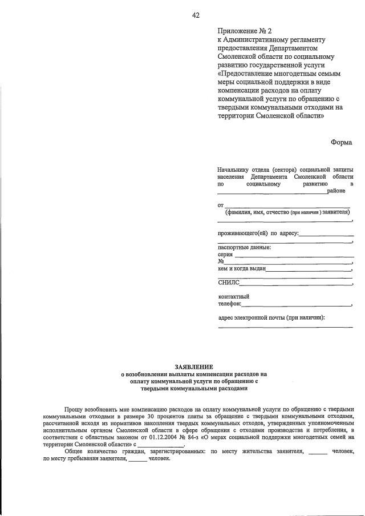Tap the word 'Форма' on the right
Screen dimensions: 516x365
tap(342, 142)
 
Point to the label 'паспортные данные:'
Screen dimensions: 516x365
tap(245, 247)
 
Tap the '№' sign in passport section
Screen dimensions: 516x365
tap(221, 261)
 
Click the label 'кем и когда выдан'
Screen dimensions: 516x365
tap(242, 268)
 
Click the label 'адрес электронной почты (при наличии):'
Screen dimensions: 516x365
tap(271, 317)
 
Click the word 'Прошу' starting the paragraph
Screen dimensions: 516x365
tap(74, 410)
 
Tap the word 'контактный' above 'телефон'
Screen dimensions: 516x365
tap(234, 296)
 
